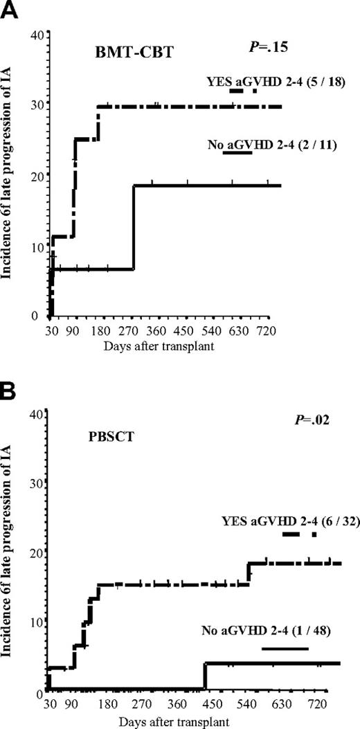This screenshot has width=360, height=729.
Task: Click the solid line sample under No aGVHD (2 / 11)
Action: tap(237, 154)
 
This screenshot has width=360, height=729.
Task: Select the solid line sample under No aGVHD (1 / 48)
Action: tap(285, 649)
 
